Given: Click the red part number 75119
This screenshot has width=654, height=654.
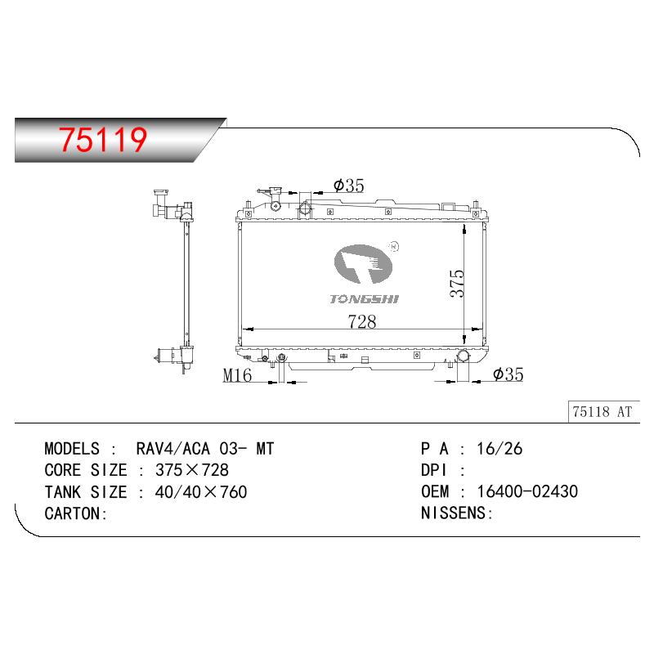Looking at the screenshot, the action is pyautogui.click(x=103, y=139).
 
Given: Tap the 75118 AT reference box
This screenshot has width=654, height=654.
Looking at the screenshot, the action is pyautogui.click(x=603, y=412).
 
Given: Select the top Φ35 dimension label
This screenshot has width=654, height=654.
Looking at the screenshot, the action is pyautogui.click(x=349, y=186).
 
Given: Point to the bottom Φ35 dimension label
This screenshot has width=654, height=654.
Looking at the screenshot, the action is pyautogui.click(x=508, y=374).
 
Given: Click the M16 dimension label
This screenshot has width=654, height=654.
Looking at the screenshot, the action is pyautogui.click(x=237, y=375).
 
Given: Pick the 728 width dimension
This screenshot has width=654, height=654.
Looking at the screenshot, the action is pyautogui.click(x=362, y=321).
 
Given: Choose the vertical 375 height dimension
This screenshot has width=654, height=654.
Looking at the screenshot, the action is pyautogui.click(x=457, y=284).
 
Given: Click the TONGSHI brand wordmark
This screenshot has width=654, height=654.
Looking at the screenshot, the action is pyautogui.click(x=364, y=299).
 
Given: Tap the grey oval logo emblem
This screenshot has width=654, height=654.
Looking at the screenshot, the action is pyautogui.click(x=363, y=264).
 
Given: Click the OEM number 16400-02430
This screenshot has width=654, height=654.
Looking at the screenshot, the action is pyautogui.click(x=527, y=492).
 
